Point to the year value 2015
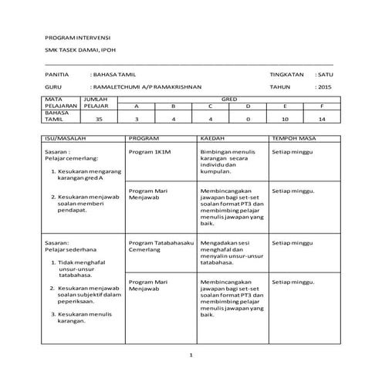[323, 87]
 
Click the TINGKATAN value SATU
[324, 74]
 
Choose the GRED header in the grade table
[229, 100]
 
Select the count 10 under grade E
[285, 120]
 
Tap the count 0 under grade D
[248, 120]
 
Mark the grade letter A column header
[136, 106]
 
